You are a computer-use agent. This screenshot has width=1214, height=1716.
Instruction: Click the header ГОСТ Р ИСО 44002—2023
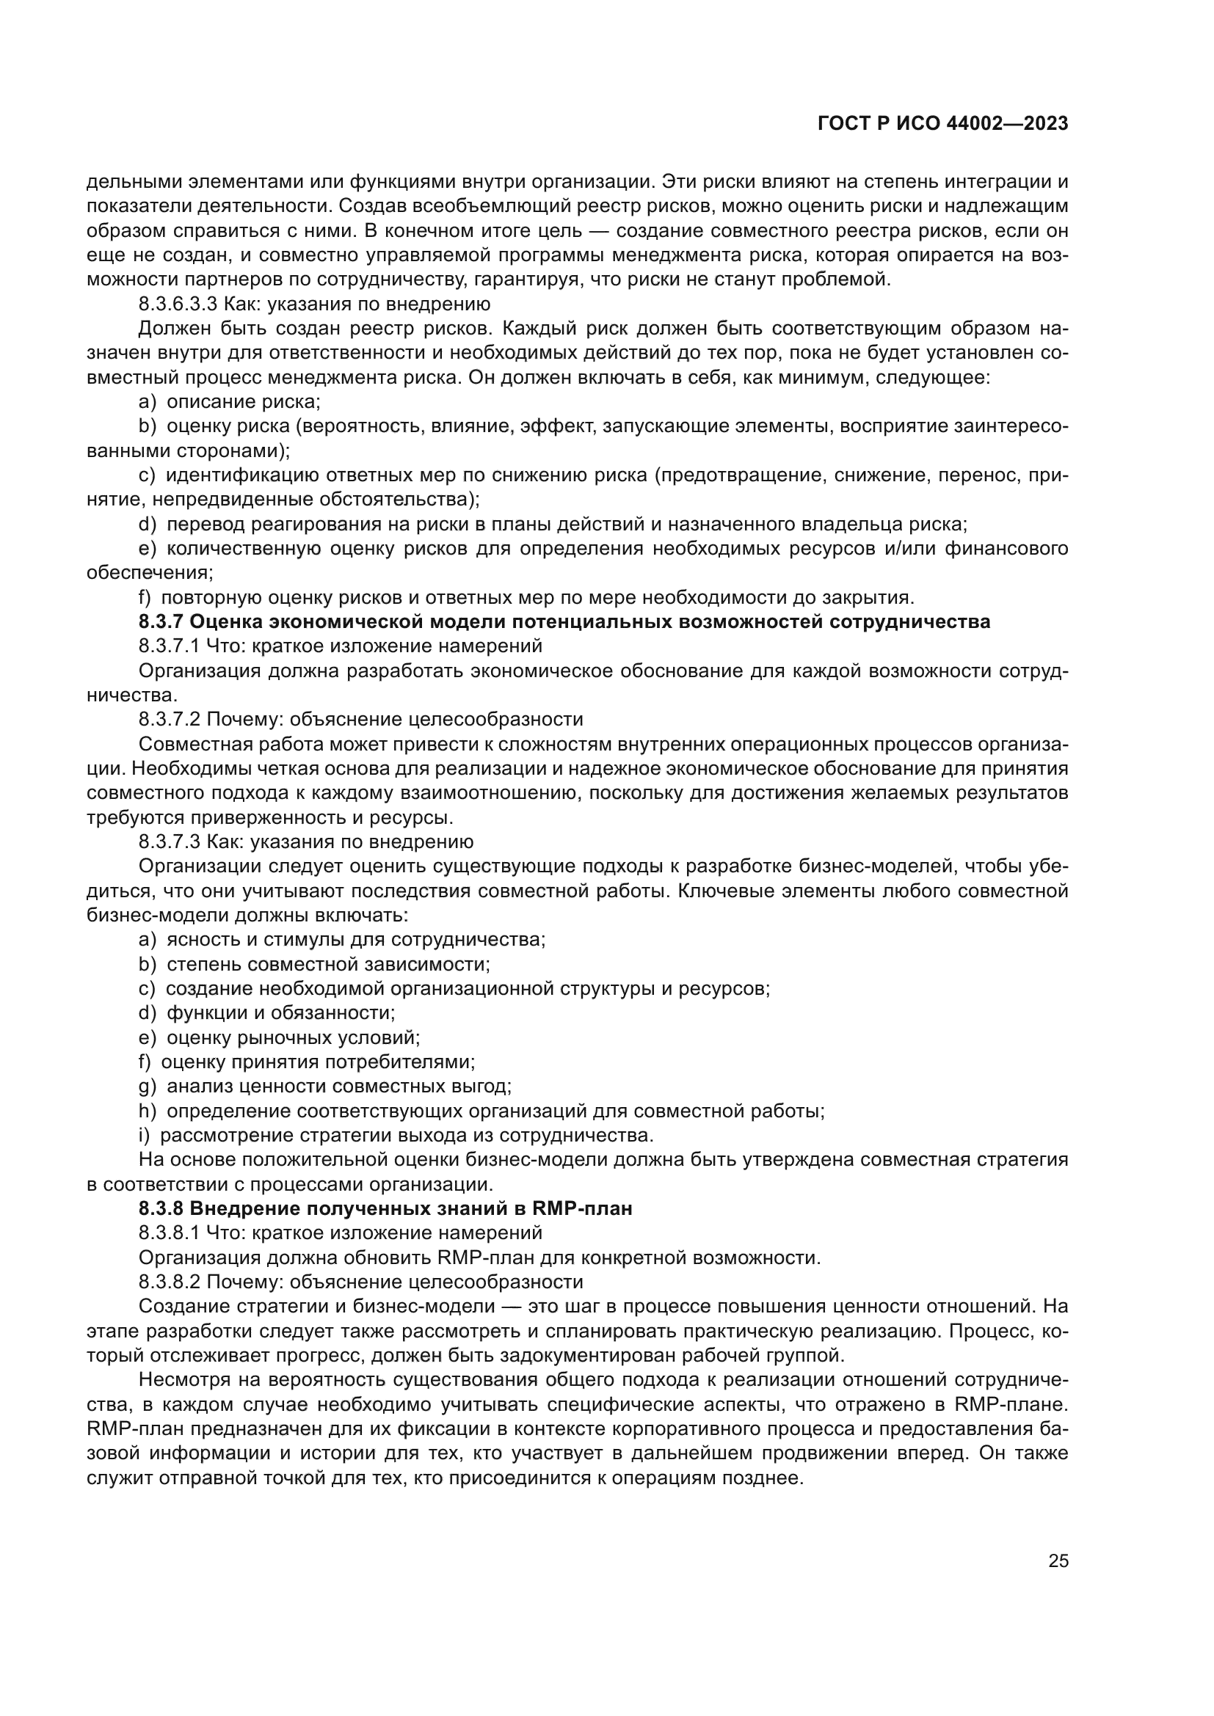pos(942,123)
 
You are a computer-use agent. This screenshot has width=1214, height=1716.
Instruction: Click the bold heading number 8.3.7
pos(161,622)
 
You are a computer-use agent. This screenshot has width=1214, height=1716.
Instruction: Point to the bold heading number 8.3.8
pos(161,1208)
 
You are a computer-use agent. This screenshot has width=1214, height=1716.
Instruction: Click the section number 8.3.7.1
pos(170,646)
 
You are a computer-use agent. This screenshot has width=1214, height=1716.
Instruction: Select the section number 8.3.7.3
pos(170,841)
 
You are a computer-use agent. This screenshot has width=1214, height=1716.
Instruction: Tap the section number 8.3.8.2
pos(170,1282)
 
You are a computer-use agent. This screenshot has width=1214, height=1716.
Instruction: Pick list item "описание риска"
pos(243,402)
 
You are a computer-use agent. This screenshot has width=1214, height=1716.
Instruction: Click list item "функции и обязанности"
pos(280,1012)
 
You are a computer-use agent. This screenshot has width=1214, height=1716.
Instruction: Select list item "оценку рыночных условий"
pos(293,1037)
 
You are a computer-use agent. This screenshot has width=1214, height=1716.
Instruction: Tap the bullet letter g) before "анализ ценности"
pos(147,1086)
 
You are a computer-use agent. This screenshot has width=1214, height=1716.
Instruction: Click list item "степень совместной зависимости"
pos(328,964)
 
